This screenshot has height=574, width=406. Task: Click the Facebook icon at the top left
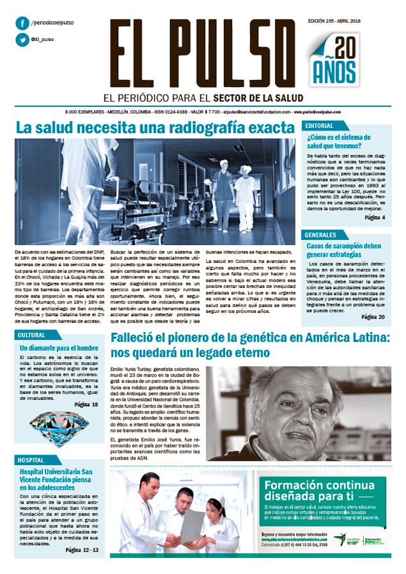coord(23,24)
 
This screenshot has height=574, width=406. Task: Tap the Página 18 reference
coord(86,404)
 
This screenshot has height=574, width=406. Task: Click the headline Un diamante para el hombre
coord(58,348)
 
